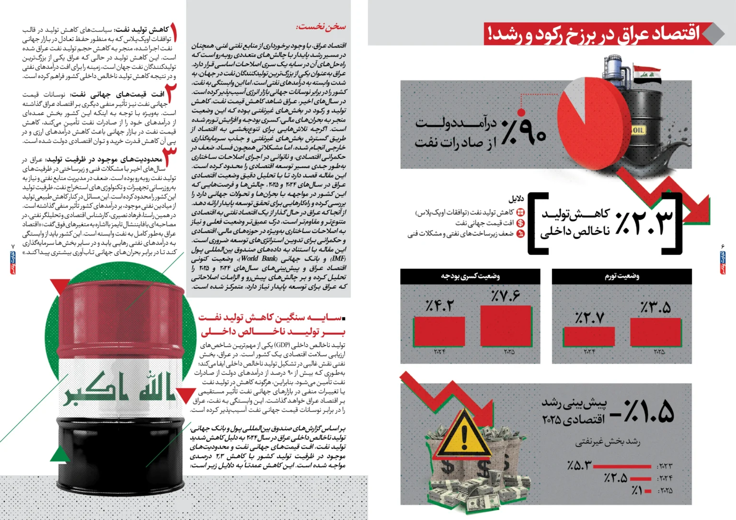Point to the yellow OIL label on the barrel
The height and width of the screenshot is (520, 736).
tap(638, 130)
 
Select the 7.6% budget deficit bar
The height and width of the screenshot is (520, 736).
tap(506, 326)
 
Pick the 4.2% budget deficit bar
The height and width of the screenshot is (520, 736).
tap(439, 332)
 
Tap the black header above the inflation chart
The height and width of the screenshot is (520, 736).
tap(621, 276)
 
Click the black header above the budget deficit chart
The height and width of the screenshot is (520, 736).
tap(470, 276)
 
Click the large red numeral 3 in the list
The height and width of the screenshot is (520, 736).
tap(170, 155)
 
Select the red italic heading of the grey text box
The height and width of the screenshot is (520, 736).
tap(321, 27)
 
